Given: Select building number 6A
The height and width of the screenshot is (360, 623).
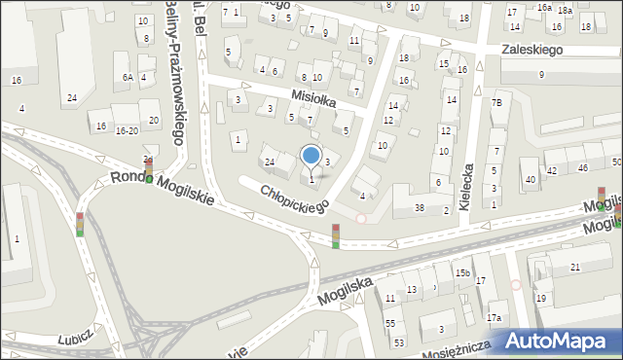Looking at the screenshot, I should tap(127, 77).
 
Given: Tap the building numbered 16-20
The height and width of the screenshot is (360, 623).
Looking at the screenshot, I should tap(127, 130).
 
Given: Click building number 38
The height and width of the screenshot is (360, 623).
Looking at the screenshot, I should tap(420, 208).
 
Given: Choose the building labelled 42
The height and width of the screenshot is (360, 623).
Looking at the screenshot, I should tap(551, 170).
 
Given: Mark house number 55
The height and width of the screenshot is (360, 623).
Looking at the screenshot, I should tap(390, 322).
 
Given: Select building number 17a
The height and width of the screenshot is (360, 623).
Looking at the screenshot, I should tap(494, 318).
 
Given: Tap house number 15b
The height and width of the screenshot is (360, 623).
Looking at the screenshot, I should tap(462, 273).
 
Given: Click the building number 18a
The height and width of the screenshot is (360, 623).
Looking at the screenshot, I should tap(565, 10).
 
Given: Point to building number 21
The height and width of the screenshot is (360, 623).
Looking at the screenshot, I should tap(574, 267).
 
